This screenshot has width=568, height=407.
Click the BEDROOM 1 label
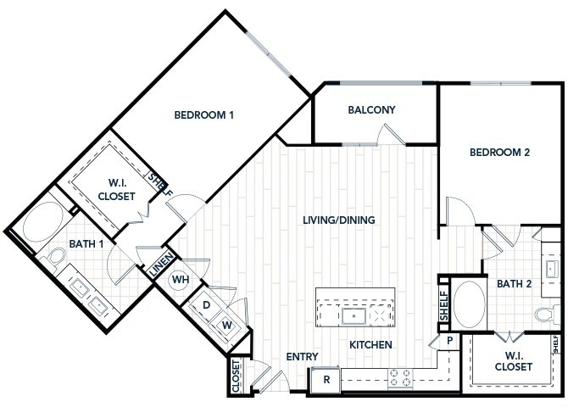coord(204,115)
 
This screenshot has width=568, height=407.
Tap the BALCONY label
coord(371,110)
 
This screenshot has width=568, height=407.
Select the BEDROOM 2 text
coord(499,153)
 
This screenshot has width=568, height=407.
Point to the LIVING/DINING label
coord(339,220)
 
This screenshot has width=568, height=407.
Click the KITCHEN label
coord(370,344)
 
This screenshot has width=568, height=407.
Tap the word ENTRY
coord(302,357)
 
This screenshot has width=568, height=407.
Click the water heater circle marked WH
coord(180,280)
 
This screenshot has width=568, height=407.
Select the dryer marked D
coord(205,305)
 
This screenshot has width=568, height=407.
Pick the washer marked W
coord(226,325)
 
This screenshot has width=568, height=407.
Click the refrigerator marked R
coord(326,380)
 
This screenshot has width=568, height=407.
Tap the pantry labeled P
coord(449,341)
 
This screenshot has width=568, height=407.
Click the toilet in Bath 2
coord(547,314)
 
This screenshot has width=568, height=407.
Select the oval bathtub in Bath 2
coord(469,304)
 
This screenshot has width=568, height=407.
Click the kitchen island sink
coord(354,316)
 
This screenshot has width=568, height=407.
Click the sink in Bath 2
coord(550,270)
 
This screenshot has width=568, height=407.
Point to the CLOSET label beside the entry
coord(236,376)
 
